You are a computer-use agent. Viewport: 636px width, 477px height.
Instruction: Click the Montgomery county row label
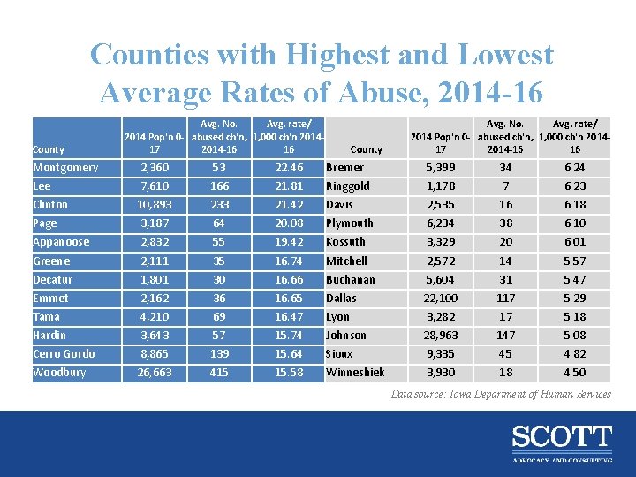pos(65,168)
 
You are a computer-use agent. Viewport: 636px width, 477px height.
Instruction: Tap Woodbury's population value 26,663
pos(155,373)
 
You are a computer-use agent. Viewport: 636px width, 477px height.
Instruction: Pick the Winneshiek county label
pos(355,373)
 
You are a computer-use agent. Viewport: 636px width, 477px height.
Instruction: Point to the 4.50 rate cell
pos(575,373)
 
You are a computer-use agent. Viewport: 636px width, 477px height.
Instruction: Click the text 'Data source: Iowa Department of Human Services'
pos(501,394)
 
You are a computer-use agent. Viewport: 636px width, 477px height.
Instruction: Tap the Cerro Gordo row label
pos(64,354)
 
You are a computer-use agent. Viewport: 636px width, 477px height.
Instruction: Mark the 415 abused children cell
pos(219,373)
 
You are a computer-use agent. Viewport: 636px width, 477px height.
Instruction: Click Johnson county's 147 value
pos(505,336)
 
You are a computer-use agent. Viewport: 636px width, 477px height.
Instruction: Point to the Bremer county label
pos(344,168)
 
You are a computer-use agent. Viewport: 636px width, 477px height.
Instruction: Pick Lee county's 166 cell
pos(219,186)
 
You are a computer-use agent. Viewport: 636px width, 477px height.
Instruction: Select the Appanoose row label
pos(61,242)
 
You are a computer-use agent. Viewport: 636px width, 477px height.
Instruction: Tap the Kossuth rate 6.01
pos(575,242)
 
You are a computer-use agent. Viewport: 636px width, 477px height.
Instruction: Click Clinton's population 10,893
pos(155,205)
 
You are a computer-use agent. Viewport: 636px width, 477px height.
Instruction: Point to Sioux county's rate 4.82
pos(575,354)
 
